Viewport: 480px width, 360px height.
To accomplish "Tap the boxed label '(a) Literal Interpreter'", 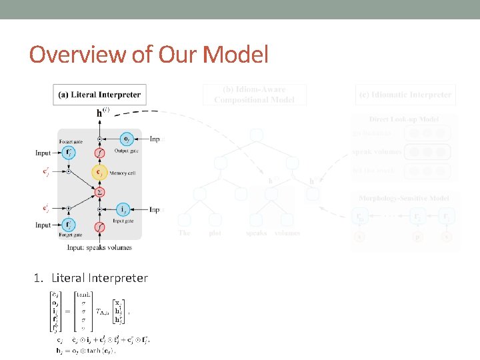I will (101, 95).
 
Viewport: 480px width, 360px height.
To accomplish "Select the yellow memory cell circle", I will (99, 173).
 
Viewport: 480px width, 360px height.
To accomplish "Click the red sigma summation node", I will (99, 192).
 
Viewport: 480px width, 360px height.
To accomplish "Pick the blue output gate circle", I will (127, 139).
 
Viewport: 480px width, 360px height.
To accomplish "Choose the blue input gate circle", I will (124, 209).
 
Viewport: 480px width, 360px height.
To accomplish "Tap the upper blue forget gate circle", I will (69, 153).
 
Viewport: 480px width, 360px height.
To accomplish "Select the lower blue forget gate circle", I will (69, 225).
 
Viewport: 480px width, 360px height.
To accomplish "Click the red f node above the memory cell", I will (99, 153).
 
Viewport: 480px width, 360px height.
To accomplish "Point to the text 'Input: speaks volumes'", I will (99, 247).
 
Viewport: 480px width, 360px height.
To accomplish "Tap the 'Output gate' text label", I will (127, 151).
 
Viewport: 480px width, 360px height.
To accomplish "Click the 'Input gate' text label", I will (124, 220).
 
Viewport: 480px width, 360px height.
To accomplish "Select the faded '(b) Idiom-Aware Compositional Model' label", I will (255, 94).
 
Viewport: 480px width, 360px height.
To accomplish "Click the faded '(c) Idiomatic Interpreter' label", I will (405, 95).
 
